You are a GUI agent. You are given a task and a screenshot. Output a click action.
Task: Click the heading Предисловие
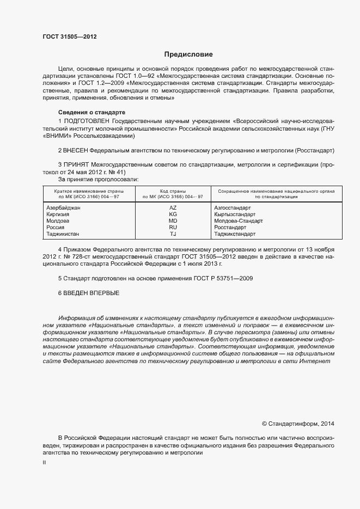(x=189, y=54)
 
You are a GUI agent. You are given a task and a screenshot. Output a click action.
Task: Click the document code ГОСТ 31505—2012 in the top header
(x=70, y=36)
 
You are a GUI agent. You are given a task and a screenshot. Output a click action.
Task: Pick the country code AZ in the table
(x=173, y=208)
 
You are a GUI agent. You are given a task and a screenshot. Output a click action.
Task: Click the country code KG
(x=173, y=214)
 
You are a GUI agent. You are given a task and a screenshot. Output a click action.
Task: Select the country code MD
(x=173, y=221)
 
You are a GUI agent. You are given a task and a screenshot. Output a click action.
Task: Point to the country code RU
(x=173, y=228)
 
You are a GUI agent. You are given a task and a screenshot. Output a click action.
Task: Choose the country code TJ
(x=173, y=234)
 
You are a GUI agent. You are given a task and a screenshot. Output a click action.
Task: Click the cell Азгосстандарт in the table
(x=233, y=208)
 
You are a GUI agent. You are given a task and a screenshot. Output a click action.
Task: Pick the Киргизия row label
(x=58, y=214)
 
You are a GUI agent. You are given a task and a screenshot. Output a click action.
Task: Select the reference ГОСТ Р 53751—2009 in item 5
(x=221, y=278)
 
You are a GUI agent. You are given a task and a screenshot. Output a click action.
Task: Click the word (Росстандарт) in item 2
(x=314, y=149)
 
